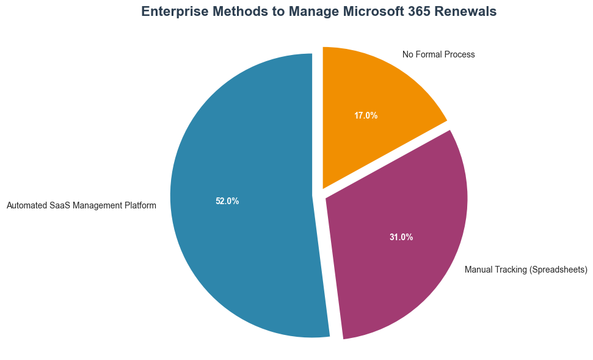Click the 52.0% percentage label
[227, 201]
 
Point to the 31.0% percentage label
[401, 237]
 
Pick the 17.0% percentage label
[366, 115]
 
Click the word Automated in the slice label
[26, 206]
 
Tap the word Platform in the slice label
[140, 206]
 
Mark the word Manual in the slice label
[478, 270]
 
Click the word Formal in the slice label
[430, 55]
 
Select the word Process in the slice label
[460, 55]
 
